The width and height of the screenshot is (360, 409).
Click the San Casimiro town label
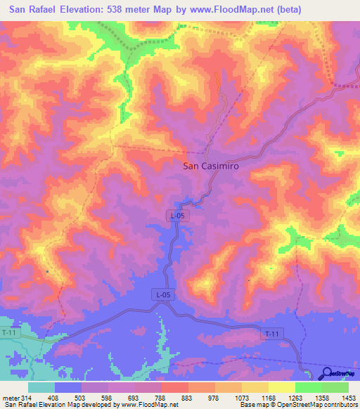(212, 167)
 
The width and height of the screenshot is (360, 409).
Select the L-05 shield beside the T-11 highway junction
(162, 295)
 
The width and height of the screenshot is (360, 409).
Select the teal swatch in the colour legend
(41, 387)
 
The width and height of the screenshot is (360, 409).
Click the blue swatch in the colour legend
(68, 387)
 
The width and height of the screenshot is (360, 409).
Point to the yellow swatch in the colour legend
(281, 387)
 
